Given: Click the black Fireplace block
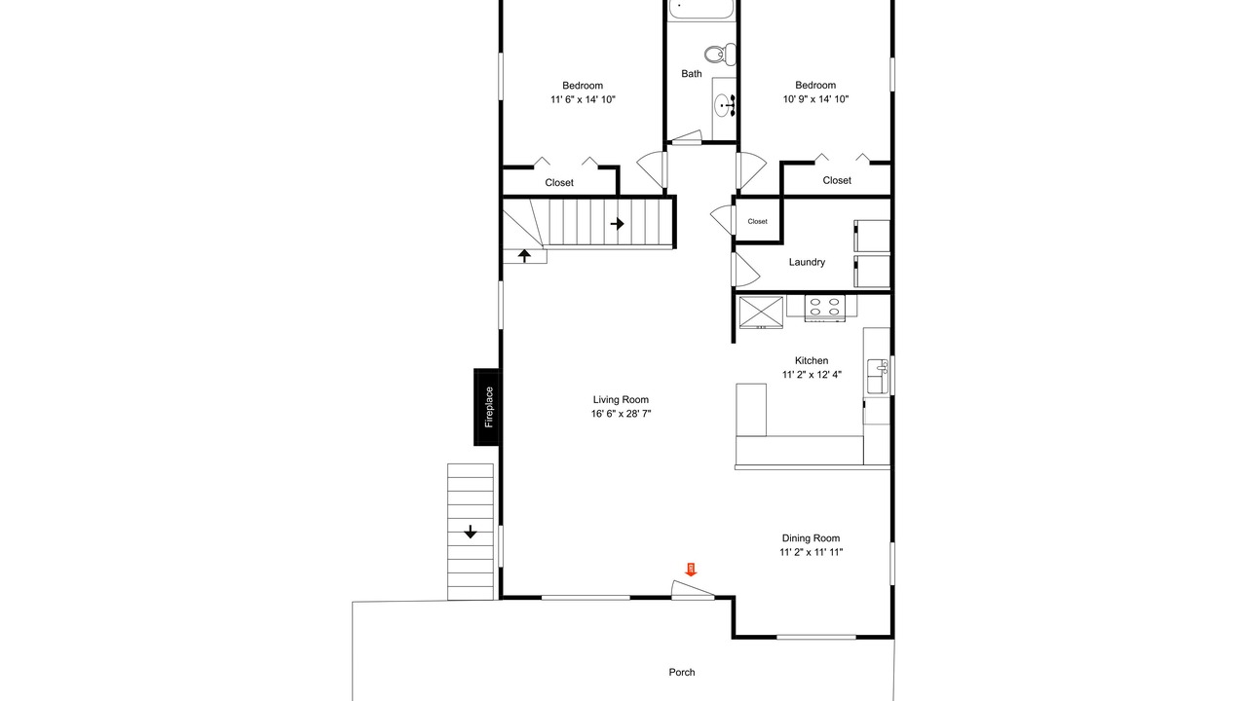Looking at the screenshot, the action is (486, 407).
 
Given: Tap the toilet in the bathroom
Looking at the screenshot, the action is (720, 55).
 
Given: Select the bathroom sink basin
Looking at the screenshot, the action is (724, 105).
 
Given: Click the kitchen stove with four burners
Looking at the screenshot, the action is (824, 309).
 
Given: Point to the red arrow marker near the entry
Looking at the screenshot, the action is (691, 570).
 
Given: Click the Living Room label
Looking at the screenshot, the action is (621, 399).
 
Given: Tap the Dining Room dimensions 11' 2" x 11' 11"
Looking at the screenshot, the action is (812, 552).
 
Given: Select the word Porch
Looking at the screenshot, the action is (682, 672).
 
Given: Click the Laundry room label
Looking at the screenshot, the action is (807, 262).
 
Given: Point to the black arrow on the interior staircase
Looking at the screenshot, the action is (617, 224).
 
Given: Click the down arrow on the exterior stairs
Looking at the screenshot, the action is (471, 532).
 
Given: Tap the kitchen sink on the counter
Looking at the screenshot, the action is (878, 377).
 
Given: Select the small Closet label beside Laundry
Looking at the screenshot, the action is (757, 221).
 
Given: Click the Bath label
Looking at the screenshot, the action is (692, 73).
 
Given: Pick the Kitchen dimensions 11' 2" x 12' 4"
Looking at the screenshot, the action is (812, 375).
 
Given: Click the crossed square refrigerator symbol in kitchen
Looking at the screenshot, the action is (761, 313).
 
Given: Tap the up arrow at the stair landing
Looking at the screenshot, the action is (524, 256).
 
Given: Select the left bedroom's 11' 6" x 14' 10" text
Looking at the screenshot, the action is (583, 99).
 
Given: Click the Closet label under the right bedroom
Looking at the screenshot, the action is (837, 180).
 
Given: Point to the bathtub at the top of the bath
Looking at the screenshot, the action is (701, 10).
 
